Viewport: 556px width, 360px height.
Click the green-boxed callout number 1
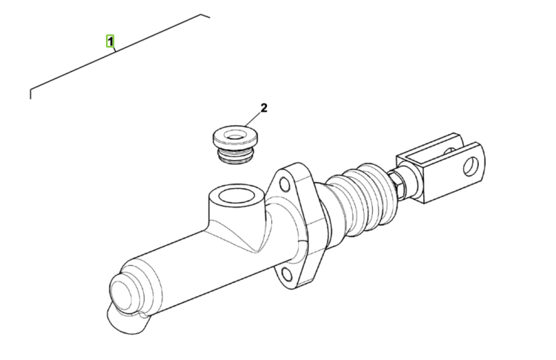(110, 41)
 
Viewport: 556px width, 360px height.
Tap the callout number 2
(264, 107)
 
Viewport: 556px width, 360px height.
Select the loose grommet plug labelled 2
(235, 144)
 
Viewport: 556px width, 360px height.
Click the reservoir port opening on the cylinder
(236, 196)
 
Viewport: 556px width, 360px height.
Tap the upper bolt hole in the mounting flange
(285, 184)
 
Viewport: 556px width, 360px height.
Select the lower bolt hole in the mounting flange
(287, 275)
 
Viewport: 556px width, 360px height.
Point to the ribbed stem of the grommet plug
(236, 156)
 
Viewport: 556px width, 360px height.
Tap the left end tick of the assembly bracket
(30, 93)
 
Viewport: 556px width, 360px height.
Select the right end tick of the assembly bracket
(205, 16)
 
